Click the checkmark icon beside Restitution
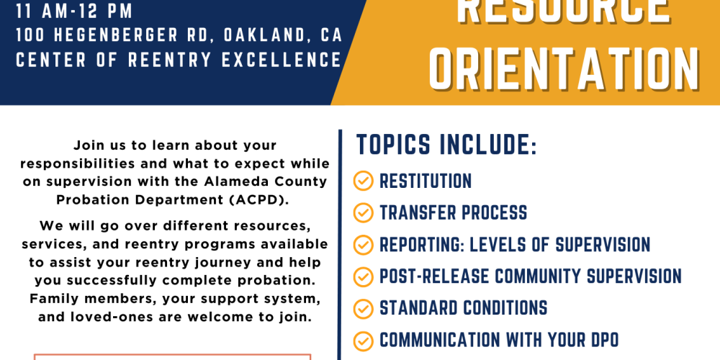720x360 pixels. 363,181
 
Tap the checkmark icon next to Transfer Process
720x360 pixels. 363,212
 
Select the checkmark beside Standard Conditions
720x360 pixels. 363,308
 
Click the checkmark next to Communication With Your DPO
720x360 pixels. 363,341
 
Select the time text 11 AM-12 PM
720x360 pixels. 74,12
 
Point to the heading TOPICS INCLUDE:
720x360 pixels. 447,145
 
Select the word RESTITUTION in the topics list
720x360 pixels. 426,181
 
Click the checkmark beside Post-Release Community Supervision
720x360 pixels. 363,276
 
